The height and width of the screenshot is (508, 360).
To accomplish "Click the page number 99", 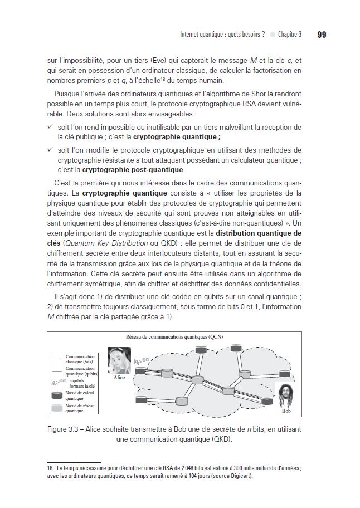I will tap(322, 35).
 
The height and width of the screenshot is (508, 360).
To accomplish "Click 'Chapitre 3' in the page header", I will tap(290, 35).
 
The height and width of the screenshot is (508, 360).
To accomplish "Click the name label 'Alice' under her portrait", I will tap(119, 378).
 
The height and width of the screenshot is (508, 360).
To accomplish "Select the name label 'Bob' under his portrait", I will tap(286, 411).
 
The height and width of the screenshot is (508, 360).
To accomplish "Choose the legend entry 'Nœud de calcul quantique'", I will tap(77, 395).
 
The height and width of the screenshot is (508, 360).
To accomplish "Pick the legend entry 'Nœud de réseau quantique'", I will tap(77, 408).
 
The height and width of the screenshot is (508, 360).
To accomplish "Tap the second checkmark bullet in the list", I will tap(50, 150).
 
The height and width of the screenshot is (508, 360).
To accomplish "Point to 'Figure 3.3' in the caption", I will tap(67, 429).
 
